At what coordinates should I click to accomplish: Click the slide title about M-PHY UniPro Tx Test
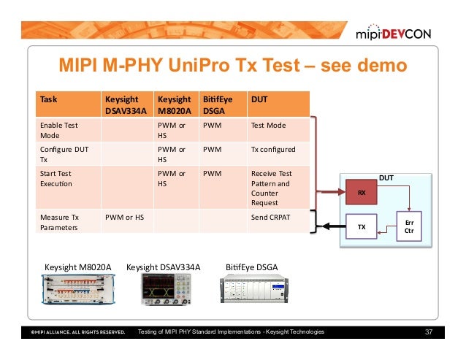226,67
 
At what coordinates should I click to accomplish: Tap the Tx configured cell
272,149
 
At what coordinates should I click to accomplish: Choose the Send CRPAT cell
270,217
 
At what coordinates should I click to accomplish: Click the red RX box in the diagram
360,192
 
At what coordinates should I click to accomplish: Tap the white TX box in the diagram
360,227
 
